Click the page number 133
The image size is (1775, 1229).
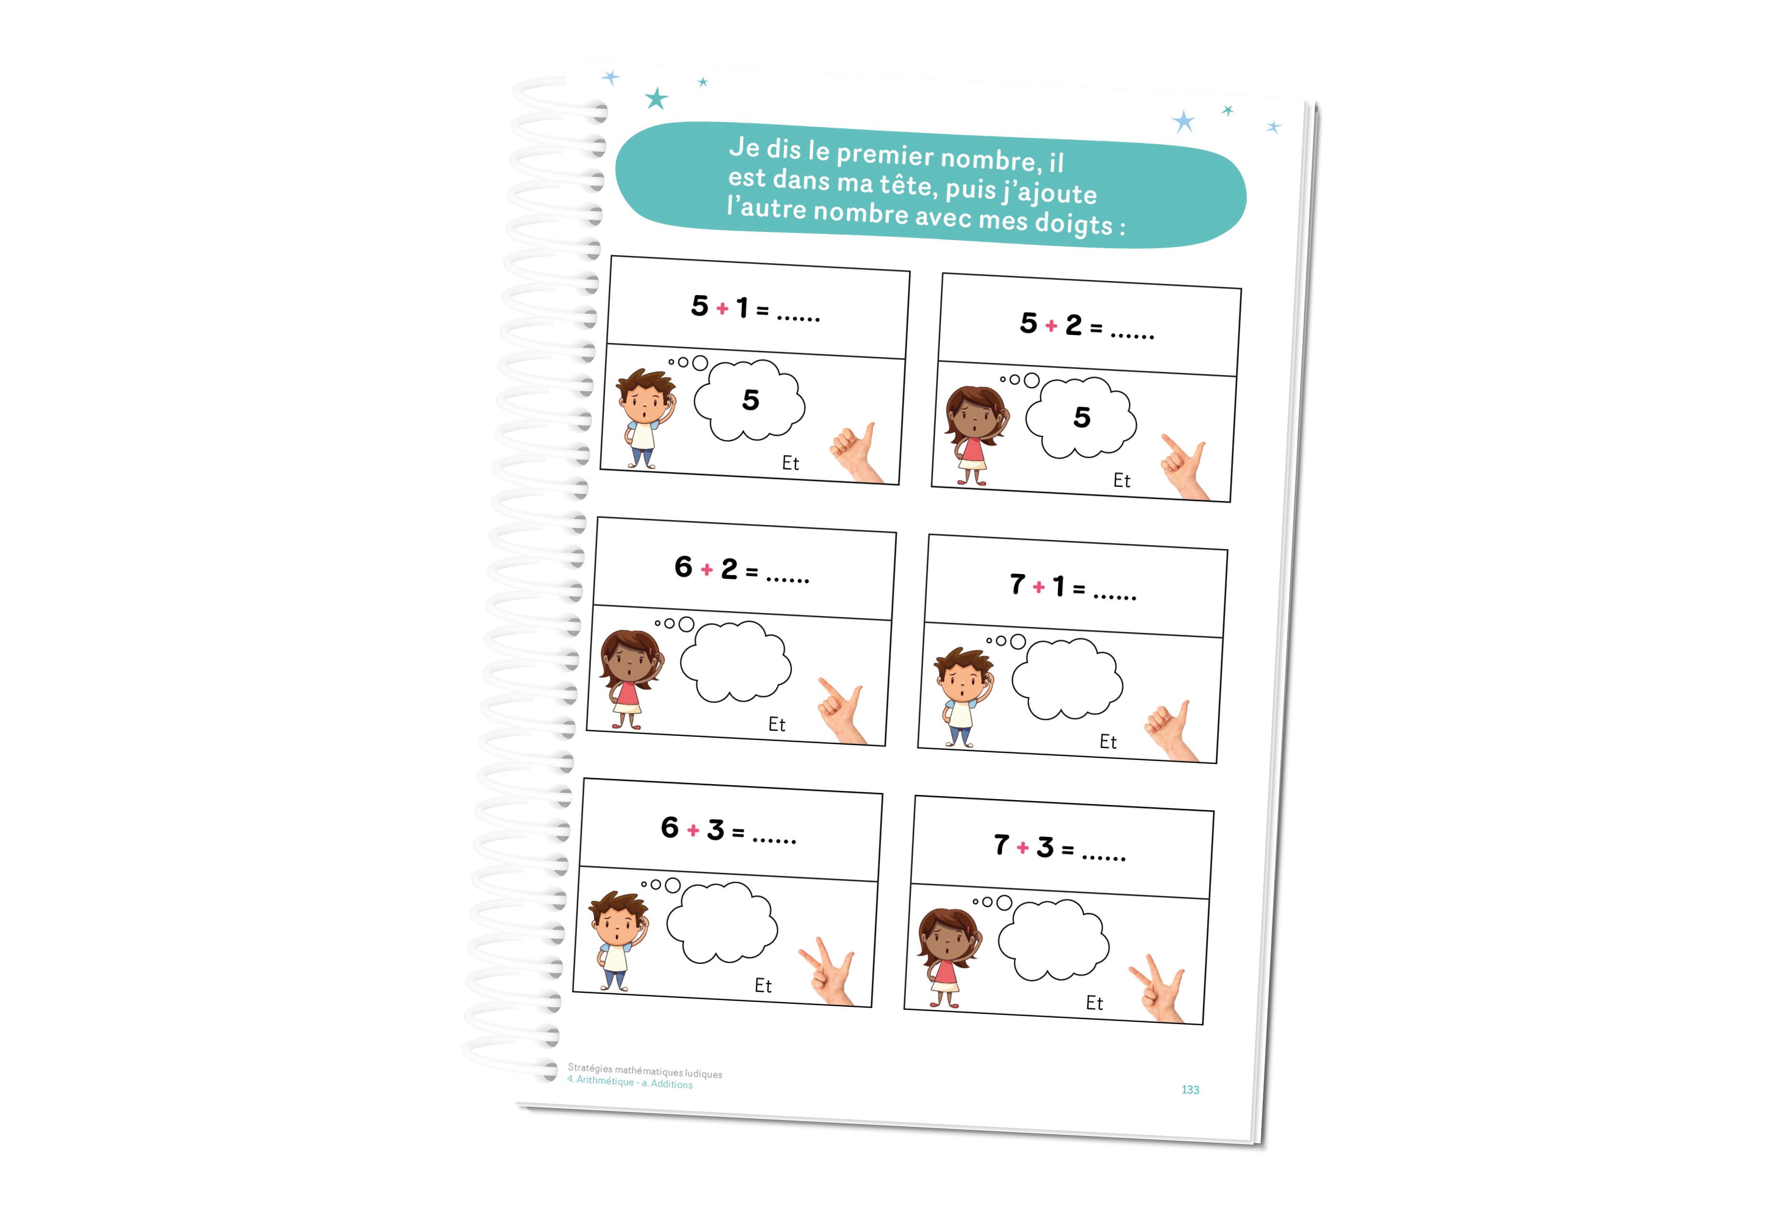1190,1090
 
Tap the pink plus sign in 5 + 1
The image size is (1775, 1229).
722,309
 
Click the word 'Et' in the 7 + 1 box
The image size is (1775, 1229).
1108,742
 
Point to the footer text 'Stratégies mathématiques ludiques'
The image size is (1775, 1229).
644,1070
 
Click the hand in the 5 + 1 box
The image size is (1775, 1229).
857,453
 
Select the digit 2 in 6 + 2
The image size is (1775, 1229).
729,569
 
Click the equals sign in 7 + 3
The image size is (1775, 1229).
1068,849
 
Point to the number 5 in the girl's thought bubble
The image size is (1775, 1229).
1082,417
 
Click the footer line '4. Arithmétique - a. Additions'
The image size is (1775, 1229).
629,1082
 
